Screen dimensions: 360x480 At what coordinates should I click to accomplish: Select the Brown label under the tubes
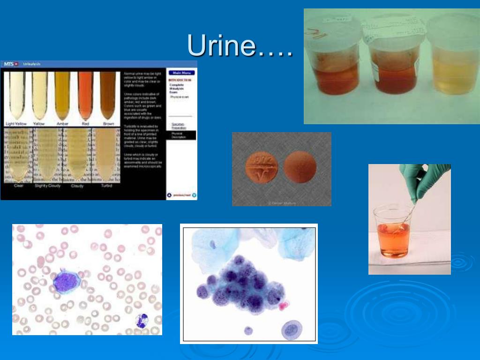pyautogui.click(x=108, y=124)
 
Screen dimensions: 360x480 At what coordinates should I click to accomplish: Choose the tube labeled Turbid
pyautogui.click(x=106, y=155)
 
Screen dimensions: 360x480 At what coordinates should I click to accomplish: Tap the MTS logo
pyautogui.click(x=10, y=63)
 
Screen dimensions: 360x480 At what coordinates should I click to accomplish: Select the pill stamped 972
pyautogui.click(x=262, y=168)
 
